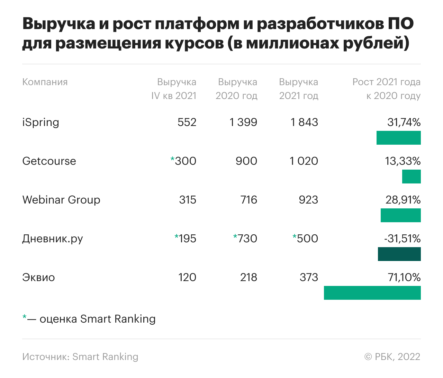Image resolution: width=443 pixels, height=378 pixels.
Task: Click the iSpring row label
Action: click(x=40, y=123)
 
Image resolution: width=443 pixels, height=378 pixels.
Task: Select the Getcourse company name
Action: click(x=49, y=161)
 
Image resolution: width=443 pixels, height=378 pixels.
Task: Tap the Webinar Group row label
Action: click(x=61, y=200)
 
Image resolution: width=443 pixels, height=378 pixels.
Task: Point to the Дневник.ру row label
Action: click(x=52, y=239)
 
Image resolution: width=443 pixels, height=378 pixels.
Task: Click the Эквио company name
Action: click(x=38, y=277)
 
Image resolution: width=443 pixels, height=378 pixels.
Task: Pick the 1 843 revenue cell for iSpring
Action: click(x=304, y=122)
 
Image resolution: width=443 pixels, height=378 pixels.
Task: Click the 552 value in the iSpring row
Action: click(x=187, y=122)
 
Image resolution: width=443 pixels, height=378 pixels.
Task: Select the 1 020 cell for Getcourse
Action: click(x=304, y=161)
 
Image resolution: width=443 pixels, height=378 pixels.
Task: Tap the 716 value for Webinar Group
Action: click(x=248, y=200)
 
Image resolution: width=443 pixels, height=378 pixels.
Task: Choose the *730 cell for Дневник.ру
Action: click(x=245, y=238)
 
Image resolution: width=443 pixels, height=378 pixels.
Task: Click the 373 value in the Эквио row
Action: click(x=309, y=277)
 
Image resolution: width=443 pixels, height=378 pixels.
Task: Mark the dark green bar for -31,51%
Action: click(x=399, y=254)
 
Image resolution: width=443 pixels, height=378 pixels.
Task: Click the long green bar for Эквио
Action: click(x=372, y=293)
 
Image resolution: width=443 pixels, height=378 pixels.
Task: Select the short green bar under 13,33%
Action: click(x=411, y=177)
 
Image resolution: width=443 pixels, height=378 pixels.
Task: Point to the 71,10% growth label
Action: click(x=404, y=277)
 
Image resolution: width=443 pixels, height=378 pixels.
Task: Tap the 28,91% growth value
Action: click(x=403, y=200)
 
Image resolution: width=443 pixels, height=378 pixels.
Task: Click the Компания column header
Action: click(x=45, y=82)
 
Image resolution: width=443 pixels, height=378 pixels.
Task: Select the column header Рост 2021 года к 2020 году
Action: click(x=386, y=89)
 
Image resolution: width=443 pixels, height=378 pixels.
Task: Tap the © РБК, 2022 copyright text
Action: click(x=392, y=357)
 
